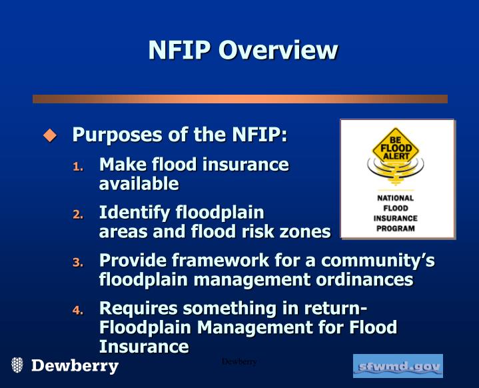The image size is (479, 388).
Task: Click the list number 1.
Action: pos(78,166)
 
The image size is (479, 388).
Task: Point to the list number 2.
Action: pos(78,215)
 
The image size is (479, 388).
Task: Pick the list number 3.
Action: pos(78,263)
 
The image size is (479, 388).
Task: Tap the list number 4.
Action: pos(78,311)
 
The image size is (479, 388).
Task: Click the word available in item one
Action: pos(139,183)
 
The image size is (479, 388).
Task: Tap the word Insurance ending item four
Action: pos(144,347)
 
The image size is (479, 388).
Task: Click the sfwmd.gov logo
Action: pos(398,366)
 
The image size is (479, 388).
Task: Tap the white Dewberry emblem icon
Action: pos(18,365)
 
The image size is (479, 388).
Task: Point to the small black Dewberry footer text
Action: pos(239,361)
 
